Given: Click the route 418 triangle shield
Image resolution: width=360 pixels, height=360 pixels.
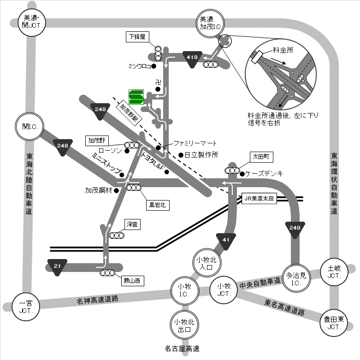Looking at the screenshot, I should (x=192, y=58).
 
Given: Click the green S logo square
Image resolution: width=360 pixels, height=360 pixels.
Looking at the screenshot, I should (x=136, y=96).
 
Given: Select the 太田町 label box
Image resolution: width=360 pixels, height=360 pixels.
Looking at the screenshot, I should (x=261, y=157).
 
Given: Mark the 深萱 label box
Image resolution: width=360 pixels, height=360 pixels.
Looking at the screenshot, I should (x=132, y=224).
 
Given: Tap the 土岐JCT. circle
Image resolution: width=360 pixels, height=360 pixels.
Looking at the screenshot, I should (x=333, y=271).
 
